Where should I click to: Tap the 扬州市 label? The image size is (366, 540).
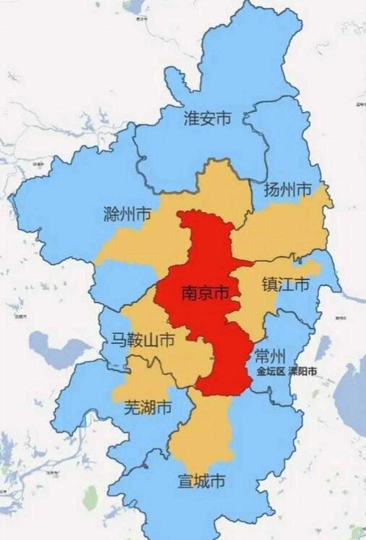[287, 189]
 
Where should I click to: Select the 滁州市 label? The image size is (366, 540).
[127, 215]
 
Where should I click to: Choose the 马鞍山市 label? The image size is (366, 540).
[142, 340]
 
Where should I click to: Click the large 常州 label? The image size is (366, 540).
[270, 357]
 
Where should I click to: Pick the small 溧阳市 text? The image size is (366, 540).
[302, 372]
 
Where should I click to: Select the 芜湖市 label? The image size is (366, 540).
[148, 408]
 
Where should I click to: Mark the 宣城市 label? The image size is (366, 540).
[201, 481]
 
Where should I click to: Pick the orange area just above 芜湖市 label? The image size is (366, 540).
[139, 380]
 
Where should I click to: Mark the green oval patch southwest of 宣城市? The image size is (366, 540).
[90, 498]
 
